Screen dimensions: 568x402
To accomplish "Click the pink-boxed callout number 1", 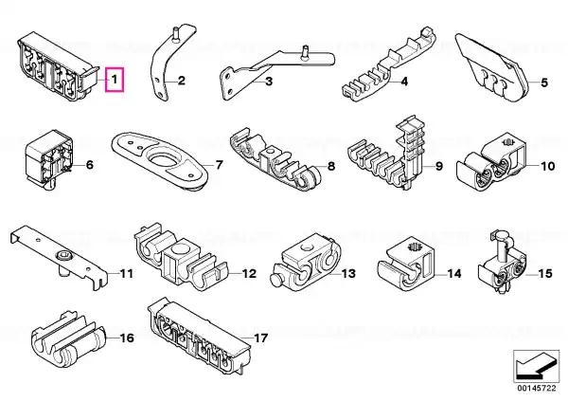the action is [115, 79].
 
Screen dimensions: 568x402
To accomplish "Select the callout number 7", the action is [219, 165].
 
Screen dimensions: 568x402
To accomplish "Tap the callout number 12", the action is [249, 273].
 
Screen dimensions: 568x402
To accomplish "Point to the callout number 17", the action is [260, 338].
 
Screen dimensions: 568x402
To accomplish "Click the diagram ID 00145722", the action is [536, 388].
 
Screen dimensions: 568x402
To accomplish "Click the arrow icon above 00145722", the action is [536, 366].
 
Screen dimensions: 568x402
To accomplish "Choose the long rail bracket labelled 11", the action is [60, 257].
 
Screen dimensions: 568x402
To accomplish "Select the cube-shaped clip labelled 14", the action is [406, 265].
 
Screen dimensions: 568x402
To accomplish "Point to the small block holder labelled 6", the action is [49, 159].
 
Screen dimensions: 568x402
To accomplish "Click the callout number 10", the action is [547, 166].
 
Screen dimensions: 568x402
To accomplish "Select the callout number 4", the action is [404, 82].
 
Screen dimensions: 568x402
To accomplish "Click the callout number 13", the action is [348, 273].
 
